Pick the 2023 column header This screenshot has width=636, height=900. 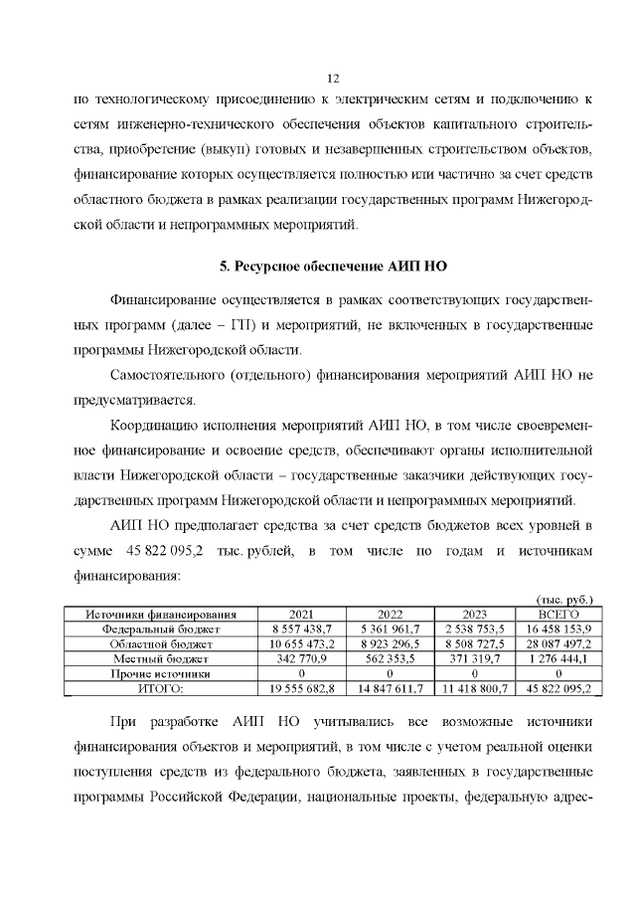click(x=482, y=615)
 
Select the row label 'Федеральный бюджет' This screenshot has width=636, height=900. click(x=160, y=630)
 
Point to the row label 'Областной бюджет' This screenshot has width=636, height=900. click(x=160, y=643)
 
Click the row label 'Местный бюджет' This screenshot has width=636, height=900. click(x=160, y=658)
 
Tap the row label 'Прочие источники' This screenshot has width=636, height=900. click(x=160, y=672)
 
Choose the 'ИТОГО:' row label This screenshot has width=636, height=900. click(x=160, y=687)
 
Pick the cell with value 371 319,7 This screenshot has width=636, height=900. click(x=482, y=658)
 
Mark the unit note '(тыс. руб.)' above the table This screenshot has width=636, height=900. click(x=564, y=600)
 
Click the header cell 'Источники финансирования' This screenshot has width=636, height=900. click(x=160, y=615)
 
